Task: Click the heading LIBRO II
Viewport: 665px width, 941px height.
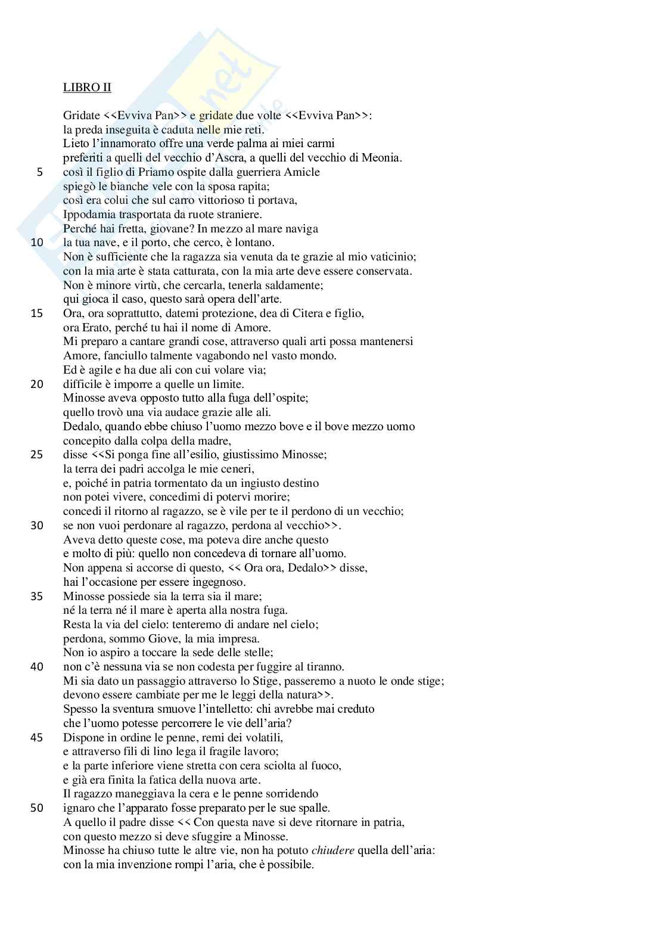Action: [87, 87]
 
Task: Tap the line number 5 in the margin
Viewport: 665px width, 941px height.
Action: [39, 172]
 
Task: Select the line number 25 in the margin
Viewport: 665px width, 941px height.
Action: [37, 455]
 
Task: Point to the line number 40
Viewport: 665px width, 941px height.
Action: [37, 667]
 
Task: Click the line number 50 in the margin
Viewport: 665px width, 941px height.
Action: [37, 808]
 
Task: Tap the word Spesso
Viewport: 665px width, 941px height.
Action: [80, 709]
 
